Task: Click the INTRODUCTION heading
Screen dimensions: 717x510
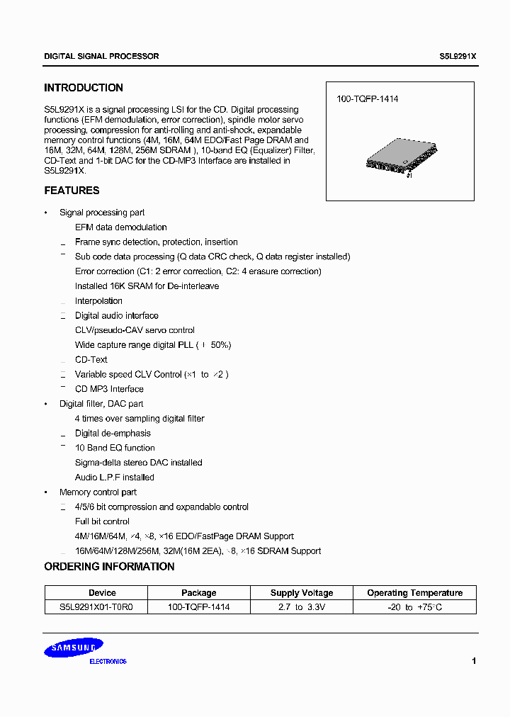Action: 84,88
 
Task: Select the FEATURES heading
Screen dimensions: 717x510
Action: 72,191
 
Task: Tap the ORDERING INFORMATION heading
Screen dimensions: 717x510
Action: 109,567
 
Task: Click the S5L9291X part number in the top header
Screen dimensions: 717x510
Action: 458,56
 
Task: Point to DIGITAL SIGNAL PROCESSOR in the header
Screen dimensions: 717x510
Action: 101,56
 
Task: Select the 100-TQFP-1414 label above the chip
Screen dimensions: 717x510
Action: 367,99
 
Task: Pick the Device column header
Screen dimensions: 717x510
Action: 102,593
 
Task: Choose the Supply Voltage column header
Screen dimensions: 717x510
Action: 302,593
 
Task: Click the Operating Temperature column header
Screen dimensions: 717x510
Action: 414,593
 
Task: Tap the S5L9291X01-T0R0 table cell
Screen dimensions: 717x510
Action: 97,607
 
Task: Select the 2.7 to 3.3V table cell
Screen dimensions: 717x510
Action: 302,607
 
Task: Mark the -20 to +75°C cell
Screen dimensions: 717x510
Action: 414,607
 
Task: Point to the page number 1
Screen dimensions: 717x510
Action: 473,661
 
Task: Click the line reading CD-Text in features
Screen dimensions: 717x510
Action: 91,360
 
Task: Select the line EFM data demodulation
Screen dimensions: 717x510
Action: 121,227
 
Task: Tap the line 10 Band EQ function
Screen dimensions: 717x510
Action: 115,448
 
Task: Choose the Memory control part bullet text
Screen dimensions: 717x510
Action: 98,492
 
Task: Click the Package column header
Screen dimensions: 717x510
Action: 199,593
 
